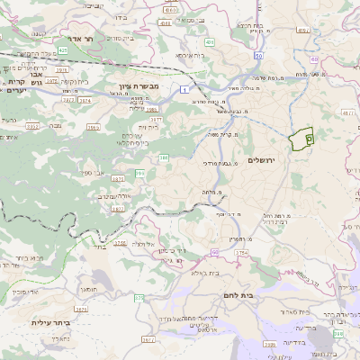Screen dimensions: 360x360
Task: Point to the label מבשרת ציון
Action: (138, 88)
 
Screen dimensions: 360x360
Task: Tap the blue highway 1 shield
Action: (184, 89)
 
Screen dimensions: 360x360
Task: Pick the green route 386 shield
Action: (164, 157)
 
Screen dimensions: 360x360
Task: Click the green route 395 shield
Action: (139, 172)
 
